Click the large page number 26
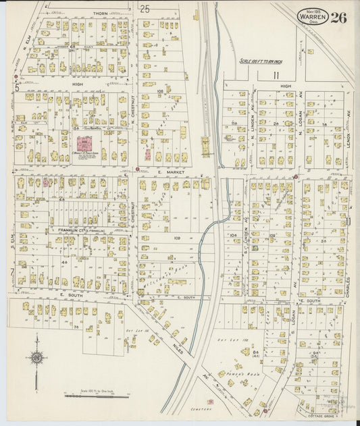pyautogui.click(x=339, y=18)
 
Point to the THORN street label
pyautogui.click(x=101, y=13)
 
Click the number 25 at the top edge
pyautogui.click(x=145, y=9)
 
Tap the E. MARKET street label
pyautogui.click(x=166, y=172)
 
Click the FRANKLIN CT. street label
pyautogui.click(x=70, y=230)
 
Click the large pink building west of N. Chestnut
pyautogui.click(x=86, y=144)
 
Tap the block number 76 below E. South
pyautogui.click(x=77, y=327)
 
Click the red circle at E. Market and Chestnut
pyautogui.click(x=138, y=169)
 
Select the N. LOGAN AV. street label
pyautogui.click(x=300, y=125)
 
